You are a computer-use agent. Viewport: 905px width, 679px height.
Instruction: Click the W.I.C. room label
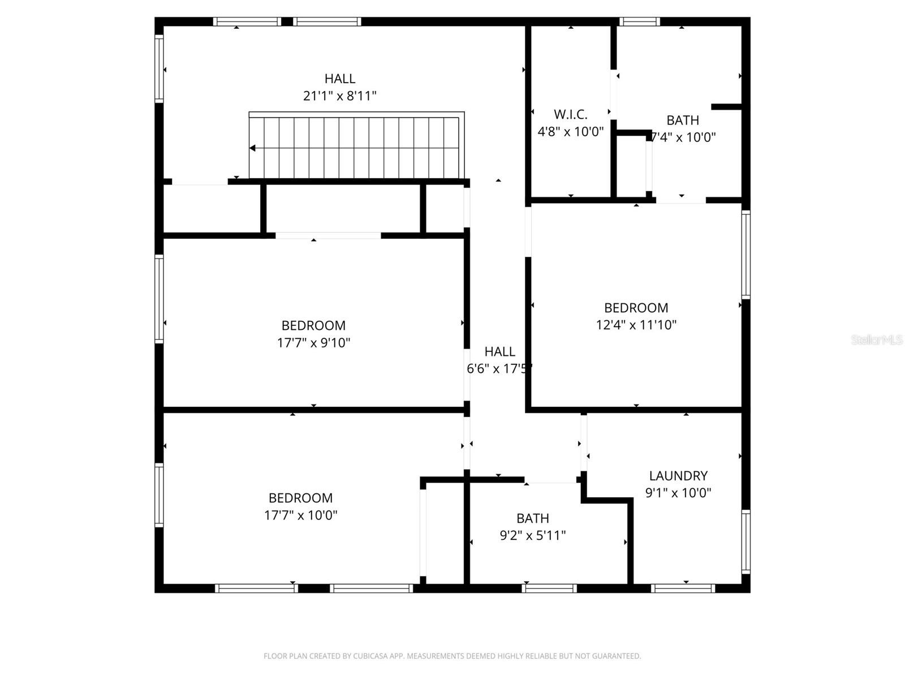[570, 114]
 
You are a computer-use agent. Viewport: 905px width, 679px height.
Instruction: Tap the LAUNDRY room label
[678, 476]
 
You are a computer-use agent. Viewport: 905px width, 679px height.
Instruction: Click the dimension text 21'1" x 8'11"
[339, 96]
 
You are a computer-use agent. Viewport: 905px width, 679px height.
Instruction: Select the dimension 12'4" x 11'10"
[636, 325]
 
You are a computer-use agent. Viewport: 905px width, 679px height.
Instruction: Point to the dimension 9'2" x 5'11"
[532, 535]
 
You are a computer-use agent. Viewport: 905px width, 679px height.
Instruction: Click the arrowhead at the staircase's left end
[252, 148]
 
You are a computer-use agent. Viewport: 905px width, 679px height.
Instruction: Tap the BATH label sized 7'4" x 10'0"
[682, 120]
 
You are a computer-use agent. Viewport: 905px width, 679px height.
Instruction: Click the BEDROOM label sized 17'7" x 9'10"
[313, 326]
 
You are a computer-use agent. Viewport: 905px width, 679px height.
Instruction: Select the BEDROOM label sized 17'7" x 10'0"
[300, 498]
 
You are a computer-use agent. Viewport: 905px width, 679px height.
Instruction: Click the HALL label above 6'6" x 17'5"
[499, 352]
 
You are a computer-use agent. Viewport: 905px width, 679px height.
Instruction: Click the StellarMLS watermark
[876, 340]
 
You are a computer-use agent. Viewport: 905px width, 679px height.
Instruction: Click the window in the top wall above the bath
[639, 22]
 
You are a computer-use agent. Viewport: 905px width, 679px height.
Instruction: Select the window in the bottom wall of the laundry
[683, 588]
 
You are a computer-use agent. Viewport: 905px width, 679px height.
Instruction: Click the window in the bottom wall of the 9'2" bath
[549, 588]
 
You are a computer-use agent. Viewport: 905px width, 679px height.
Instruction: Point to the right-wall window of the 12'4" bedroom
[745, 255]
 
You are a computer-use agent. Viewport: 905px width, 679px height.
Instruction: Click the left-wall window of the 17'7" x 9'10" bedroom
[160, 299]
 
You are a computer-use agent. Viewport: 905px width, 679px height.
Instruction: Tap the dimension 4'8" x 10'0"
[570, 132]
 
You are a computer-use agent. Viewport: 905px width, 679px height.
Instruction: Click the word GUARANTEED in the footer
[615, 656]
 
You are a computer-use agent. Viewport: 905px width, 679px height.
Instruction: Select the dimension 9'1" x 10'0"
[678, 493]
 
